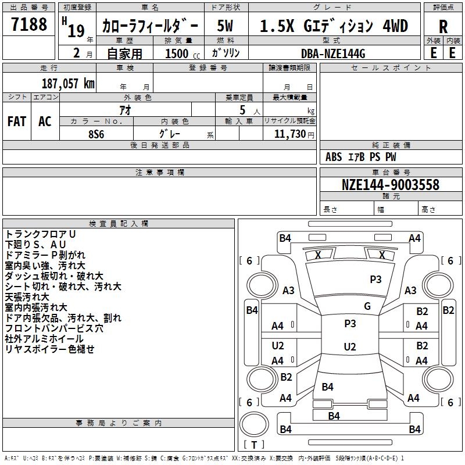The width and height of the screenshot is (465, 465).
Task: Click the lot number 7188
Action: pos(29,24)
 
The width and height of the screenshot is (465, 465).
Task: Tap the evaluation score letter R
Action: pos(443,27)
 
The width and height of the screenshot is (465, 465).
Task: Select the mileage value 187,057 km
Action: pos(68,83)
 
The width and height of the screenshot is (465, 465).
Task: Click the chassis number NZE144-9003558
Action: pos(390,185)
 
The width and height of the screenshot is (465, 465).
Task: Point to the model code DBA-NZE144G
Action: pos(333,53)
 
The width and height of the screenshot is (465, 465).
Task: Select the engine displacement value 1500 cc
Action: pos(177,53)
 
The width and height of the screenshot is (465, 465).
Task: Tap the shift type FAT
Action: pos(16,121)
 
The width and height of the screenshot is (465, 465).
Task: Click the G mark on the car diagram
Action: pos(367,306)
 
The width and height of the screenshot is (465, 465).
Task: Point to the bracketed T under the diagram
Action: pos(254,445)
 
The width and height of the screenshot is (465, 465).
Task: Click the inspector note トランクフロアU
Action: pos(40,234)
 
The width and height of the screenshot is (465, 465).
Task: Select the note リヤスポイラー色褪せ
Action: pos(49,349)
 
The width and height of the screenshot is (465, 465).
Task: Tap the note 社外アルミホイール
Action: pos(44,339)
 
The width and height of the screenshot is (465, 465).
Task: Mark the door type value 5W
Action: pos(226,26)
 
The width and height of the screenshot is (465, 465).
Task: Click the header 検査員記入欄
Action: pos(119,224)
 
